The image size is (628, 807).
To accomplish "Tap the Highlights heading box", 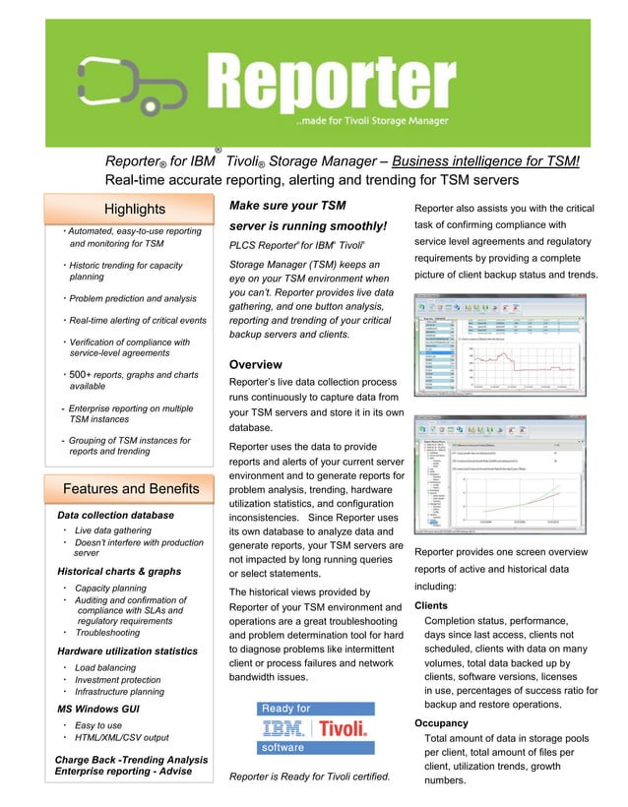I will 135,209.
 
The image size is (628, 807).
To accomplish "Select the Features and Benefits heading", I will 130,489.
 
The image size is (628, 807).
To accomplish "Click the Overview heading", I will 255,365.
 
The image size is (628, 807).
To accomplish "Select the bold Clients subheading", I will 431,606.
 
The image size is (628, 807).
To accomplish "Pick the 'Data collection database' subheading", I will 115,515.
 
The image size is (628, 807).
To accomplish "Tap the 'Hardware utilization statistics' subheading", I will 127,652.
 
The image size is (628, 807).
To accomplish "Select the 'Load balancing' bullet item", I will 105,667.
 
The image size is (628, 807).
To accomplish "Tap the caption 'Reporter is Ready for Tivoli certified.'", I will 309,777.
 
